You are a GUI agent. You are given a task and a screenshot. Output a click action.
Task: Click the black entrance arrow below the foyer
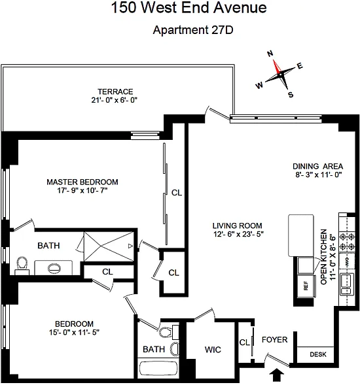pyautogui.click(x=276, y=375)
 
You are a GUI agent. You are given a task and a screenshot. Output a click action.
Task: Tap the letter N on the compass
pyautogui.click(x=270, y=54)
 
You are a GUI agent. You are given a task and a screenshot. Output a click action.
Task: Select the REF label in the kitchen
pyautogui.click(x=306, y=286)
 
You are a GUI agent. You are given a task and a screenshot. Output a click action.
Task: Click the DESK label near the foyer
pyautogui.click(x=318, y=354)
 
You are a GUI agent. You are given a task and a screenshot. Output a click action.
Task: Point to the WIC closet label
pyautogui.click(x=213, y=350)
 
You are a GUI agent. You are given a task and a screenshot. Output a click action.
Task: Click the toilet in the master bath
pyautogui.click(x=22, y=265)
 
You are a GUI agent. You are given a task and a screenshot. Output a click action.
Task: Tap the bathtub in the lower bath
pyautogui.click(x=158, y=369)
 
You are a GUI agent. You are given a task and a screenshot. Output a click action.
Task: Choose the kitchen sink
pyautogui.click(x=347, y=284)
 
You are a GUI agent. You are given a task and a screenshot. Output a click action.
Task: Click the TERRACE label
pyautogui.click(x=115, y=92)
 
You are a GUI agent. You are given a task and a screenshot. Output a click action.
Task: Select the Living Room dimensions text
pyautogui.click(x=239, y=234)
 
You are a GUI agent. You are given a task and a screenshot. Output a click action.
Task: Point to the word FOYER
pyautogui.click(x=274, y=340)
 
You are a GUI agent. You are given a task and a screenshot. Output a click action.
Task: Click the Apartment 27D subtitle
pyautogui.click(x=193, y=30)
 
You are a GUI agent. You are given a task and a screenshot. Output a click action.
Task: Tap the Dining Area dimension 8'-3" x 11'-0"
pyautogui.click(x=319, y=175)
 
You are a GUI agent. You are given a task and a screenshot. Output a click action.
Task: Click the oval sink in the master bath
pyautogui.click(x=54, y=268)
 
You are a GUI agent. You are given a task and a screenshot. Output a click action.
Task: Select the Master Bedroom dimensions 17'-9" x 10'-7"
pyautogui.click(x=82, y=190)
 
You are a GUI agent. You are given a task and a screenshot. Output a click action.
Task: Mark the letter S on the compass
pyautogui.click(x=291, y=95)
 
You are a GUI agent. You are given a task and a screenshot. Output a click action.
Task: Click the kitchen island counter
pyautogui.click(x=301, y=235)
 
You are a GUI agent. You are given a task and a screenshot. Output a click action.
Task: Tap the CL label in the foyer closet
pyautogui.click(x=244, y=343)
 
